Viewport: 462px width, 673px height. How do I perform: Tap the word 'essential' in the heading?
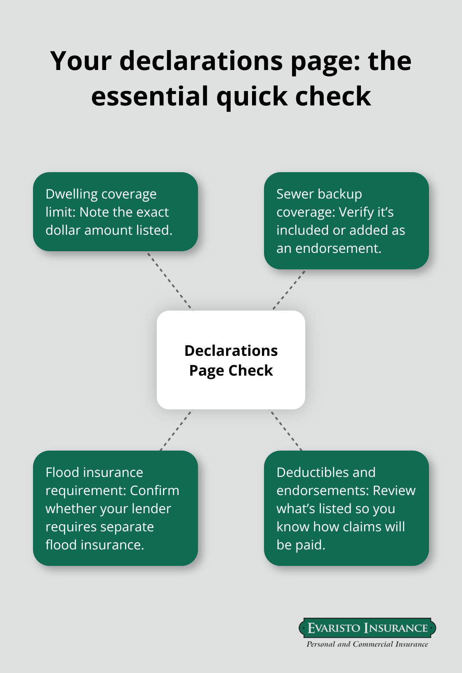pos(150,96)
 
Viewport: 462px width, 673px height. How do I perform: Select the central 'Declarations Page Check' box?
pos(231,360)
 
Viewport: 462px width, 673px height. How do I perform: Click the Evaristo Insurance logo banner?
pos(367,628)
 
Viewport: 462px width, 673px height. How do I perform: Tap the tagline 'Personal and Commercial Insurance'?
pos(367,644)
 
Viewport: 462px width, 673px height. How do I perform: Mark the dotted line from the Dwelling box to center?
pos(170,281)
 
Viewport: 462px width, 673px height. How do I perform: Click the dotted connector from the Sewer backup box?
pos(289,290)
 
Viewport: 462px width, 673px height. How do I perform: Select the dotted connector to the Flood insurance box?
pos(176,430)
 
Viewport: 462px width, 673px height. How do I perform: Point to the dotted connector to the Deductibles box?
pos(285,430)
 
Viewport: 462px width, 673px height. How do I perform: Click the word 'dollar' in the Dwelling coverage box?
pos(63,230)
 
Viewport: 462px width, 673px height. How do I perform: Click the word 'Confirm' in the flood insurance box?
pos(154,491)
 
